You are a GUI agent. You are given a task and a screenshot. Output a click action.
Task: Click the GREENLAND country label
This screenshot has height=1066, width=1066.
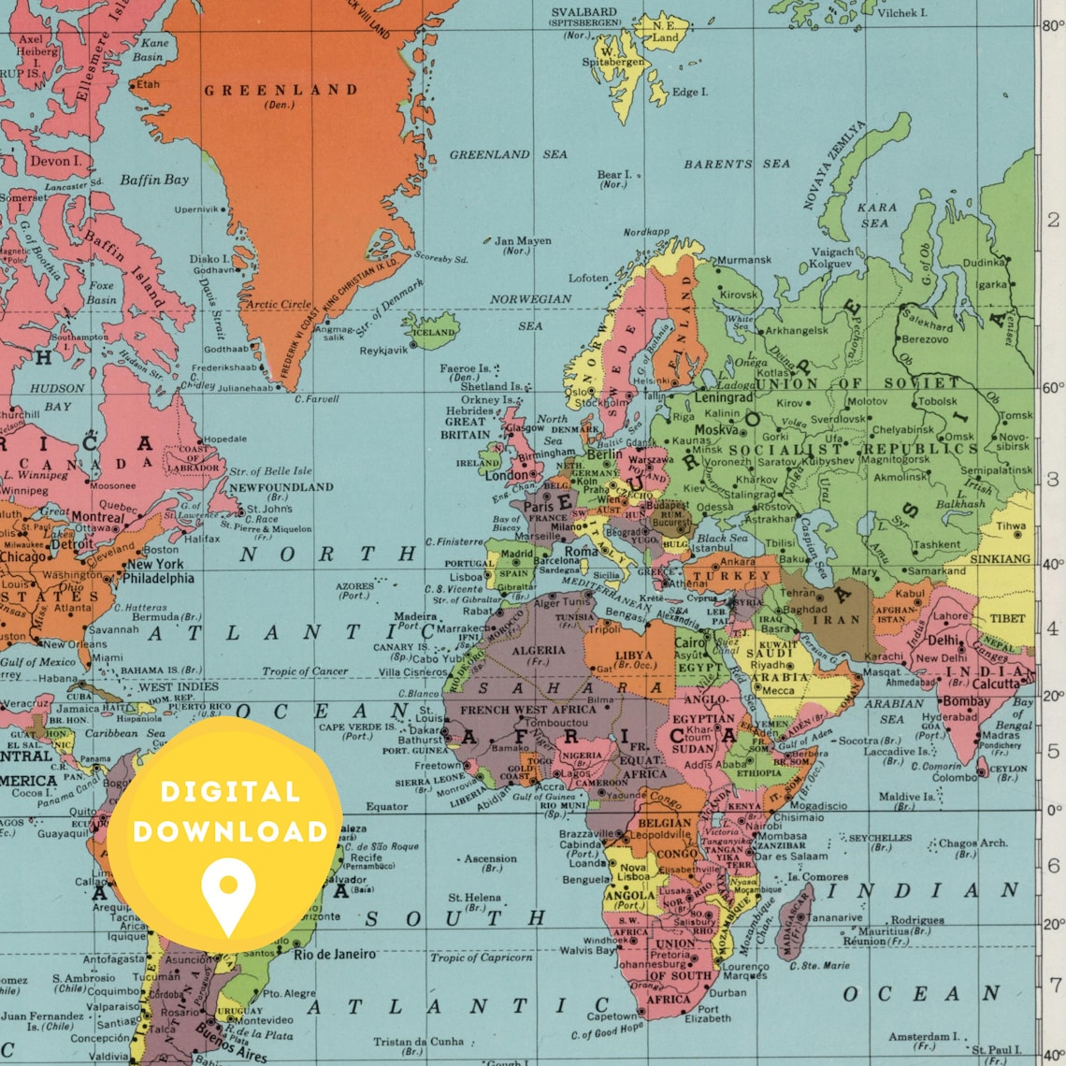[x=281, y=91]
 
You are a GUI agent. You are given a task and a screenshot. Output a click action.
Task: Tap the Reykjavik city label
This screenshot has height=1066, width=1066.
[x=383, y=351]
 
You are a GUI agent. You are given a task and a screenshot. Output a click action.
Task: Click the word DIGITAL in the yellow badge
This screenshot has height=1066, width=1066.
[x=229, y=793]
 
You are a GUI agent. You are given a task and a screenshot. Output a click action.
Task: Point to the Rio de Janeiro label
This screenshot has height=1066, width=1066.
[x=335, y=955]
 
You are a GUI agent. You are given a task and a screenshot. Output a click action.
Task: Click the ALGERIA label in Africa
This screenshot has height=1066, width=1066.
[x=539, y=650]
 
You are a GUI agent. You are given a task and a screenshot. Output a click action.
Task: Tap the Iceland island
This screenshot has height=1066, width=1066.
[x=433, y=331]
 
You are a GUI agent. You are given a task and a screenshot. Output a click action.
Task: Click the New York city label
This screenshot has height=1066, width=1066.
[x=154, y=564]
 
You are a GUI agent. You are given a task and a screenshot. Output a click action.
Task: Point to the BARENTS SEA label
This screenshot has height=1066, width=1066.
[x=736, y=164]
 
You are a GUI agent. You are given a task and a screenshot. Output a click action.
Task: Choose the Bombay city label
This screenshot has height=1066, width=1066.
[x=966, y=700]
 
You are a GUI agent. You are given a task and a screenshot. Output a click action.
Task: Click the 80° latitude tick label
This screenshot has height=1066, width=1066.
[x=1053, y=26]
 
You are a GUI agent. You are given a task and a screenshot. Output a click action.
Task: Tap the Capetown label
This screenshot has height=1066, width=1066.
[x=612, y=1016]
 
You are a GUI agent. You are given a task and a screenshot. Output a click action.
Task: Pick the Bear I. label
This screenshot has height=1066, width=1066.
[x=614, y=174]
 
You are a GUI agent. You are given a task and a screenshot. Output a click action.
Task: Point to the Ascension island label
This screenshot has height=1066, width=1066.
[x=490, y=858]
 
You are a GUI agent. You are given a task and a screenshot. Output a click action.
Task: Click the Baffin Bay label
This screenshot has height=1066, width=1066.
[x=154, y=180]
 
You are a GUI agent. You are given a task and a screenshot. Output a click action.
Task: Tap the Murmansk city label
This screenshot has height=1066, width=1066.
[x=744, y=261]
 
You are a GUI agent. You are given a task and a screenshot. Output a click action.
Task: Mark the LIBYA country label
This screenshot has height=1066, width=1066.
[x=634, y=655]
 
